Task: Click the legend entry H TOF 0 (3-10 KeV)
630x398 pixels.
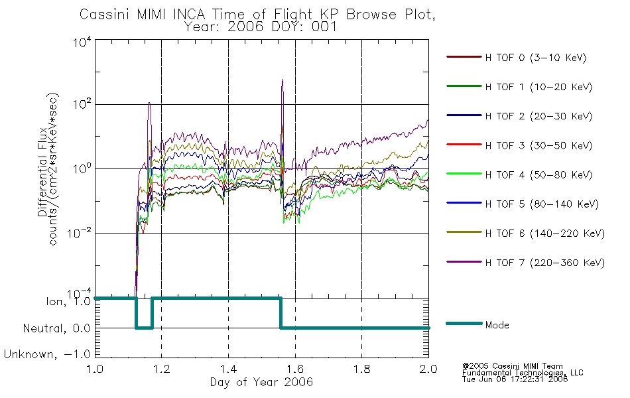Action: click(536, 58)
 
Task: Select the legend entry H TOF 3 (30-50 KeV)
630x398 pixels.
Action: click(538, 145)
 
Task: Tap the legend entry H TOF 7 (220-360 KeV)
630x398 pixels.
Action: click(545, 263)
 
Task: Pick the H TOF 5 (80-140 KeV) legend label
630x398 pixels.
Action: click(542, 204)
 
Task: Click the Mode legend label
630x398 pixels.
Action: click(497, 325)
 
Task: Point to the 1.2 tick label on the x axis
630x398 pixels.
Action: click(162, 369)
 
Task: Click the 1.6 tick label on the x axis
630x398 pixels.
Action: click(295, 369)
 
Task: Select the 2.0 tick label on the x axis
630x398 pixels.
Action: click(428, 369)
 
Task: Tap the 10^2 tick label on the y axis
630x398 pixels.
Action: click(82, 104)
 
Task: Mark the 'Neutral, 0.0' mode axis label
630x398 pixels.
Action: click(56, 328)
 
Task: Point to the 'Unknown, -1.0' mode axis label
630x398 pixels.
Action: click(47, 354)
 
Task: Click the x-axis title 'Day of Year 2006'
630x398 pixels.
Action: click(261, 382)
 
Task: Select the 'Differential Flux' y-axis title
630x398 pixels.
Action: click(42, 172)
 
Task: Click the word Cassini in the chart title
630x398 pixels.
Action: click(105, 15)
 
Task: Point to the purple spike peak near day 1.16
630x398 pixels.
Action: click(149, 103)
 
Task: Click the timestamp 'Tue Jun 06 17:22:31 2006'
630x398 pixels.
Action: click(515, 379)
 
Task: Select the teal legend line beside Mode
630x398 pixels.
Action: click(464, 323)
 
